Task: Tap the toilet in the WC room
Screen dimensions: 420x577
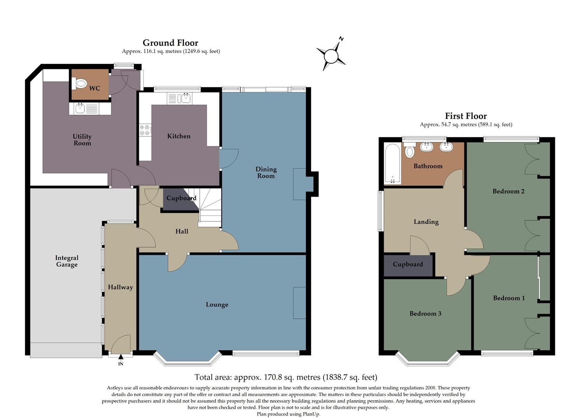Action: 80,83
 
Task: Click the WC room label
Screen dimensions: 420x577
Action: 94,88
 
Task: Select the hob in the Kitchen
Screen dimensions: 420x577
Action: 145,130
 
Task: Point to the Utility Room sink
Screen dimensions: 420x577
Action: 80,108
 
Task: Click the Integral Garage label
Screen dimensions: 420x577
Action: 66,261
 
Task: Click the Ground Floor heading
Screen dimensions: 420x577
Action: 170,43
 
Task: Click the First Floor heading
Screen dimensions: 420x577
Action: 465,116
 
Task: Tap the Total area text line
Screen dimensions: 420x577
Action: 286,377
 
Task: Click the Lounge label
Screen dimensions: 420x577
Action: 217,304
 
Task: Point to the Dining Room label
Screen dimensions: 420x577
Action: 266,172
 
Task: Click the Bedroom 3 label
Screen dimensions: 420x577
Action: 425,313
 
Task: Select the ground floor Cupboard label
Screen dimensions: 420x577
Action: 181,198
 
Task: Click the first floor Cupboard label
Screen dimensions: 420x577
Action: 408,264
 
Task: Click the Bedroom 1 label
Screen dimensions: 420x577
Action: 509,298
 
